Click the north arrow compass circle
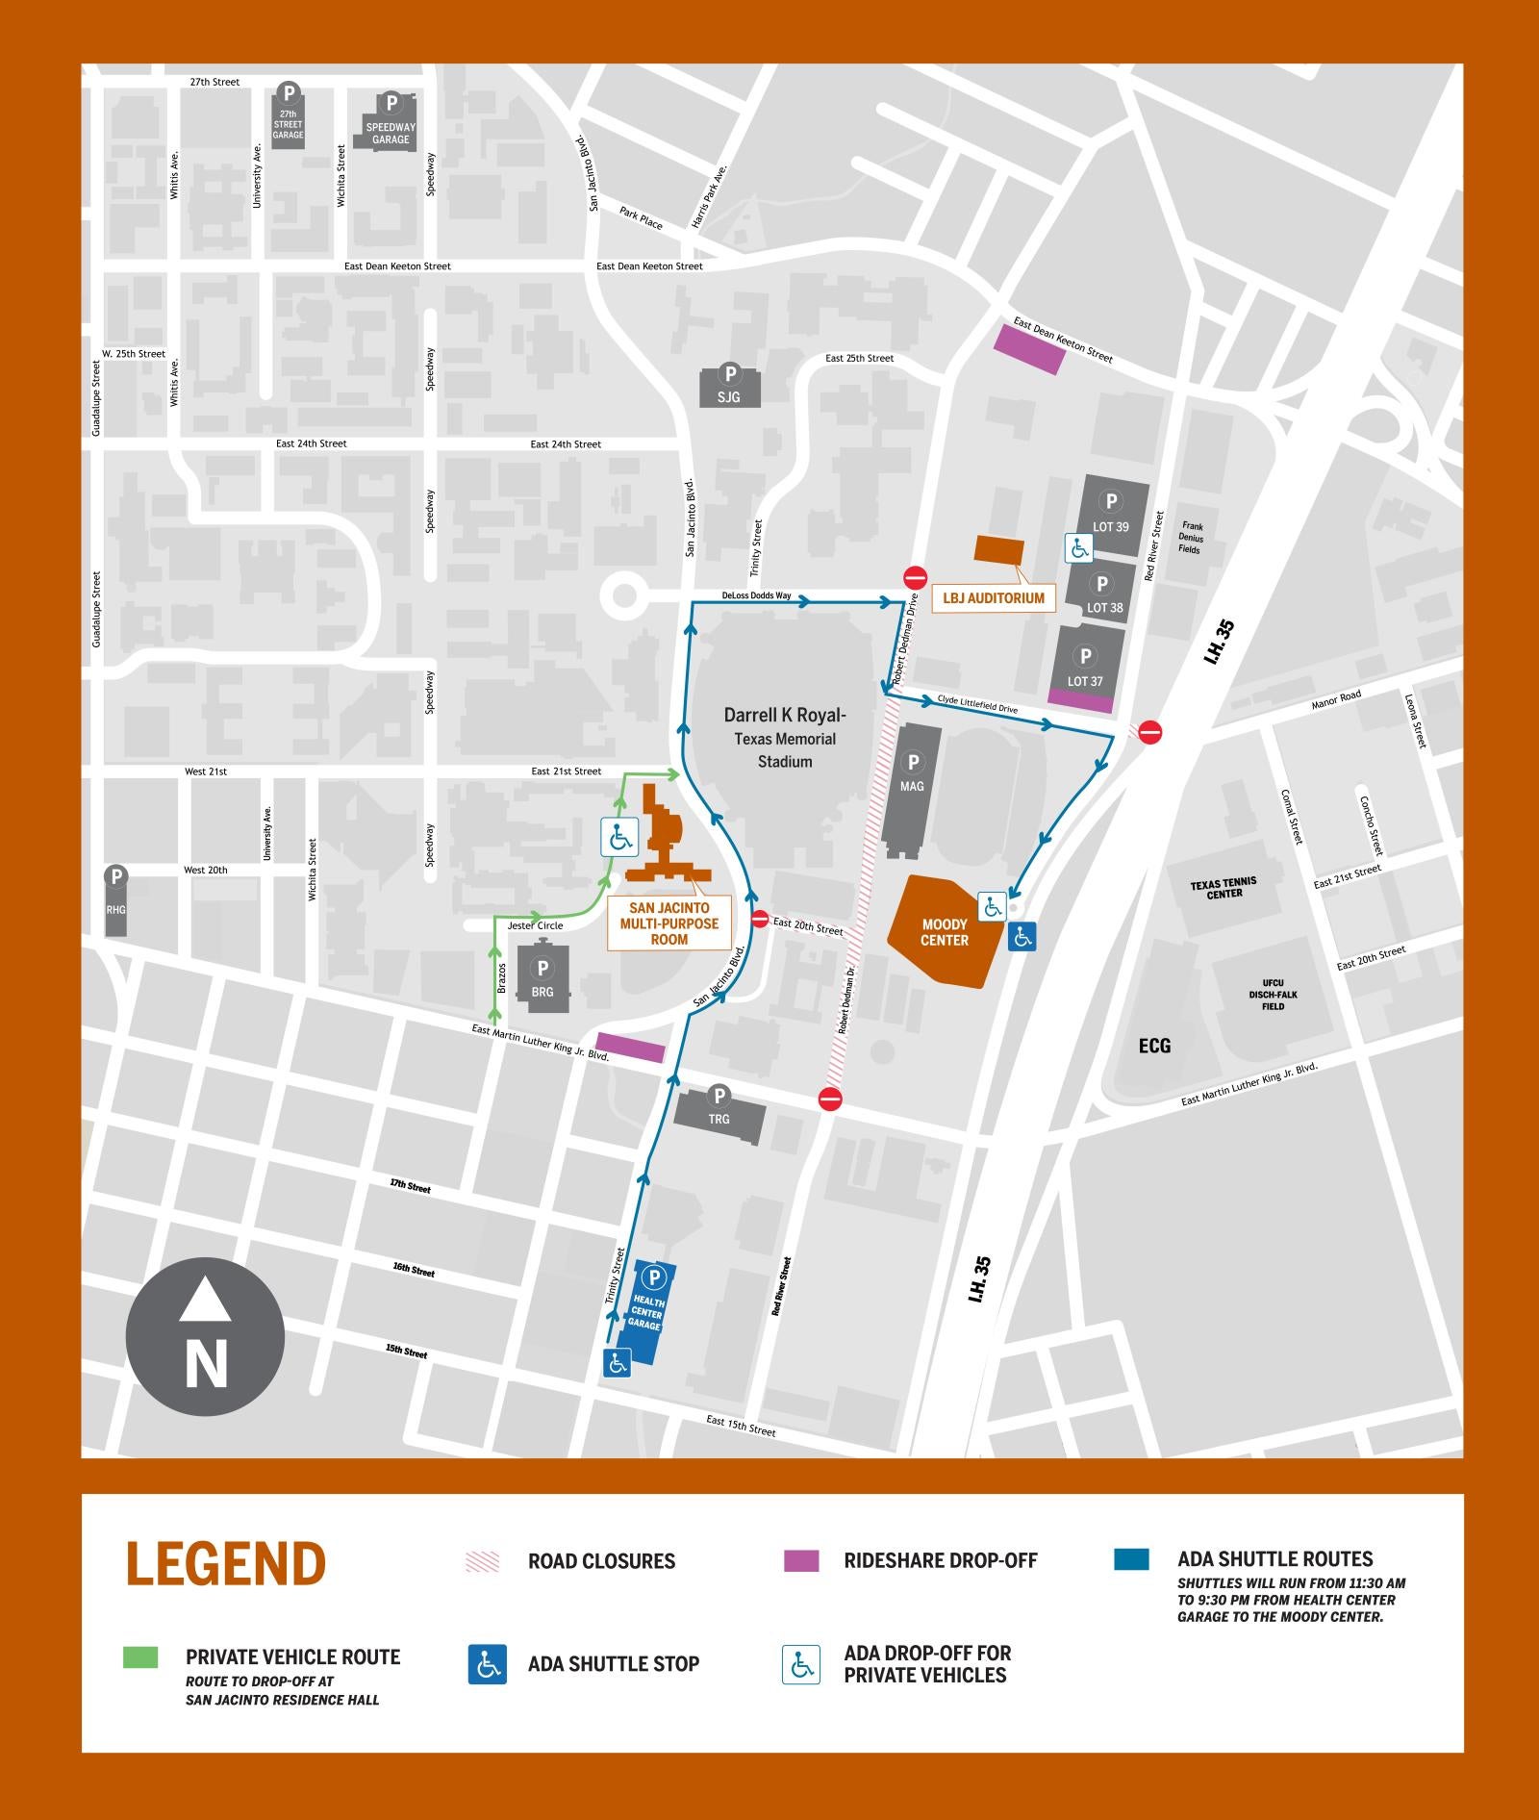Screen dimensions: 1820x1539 click(205, 1336)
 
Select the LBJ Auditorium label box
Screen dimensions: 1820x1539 click(993, 598)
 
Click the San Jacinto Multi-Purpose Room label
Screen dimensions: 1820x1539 click(669, 923)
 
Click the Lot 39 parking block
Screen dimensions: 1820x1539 click(1111, 516)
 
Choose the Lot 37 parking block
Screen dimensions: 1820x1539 click(1085, 668)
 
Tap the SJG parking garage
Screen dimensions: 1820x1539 click(729, 386)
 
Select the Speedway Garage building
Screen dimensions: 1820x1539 click(391, 122)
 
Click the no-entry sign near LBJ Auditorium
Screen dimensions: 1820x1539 click(915, 577)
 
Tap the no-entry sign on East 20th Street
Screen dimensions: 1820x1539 click(759, 920)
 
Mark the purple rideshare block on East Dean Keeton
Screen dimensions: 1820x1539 click(1029, 348)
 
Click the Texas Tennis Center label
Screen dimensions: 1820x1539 click(1224, 887)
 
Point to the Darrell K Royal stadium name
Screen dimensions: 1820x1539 click(785, 716)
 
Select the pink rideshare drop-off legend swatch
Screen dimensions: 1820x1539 click(801, 1560)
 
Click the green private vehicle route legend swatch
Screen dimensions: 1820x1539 click(140, 1656)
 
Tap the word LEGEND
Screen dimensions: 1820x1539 click(226, 1564)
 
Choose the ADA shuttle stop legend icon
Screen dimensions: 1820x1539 click(488, 1664)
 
